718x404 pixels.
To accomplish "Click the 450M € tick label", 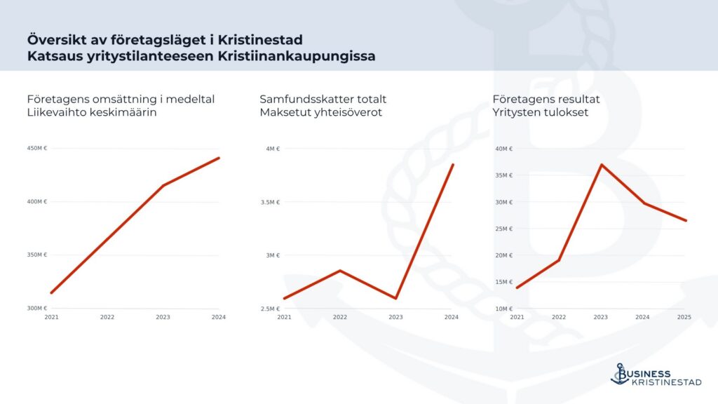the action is point(37,149).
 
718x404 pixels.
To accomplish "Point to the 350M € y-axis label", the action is point(37,255).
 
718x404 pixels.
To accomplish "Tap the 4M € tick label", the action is point(273,149).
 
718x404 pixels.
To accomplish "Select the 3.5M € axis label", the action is point(270,202).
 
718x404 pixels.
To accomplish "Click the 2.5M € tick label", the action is point(270,309).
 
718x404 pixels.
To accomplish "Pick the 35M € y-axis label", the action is point(503,175).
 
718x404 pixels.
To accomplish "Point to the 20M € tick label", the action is point(503,255).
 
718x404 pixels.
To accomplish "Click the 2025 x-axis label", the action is point(684,317).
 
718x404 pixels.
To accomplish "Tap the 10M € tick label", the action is point(503,309).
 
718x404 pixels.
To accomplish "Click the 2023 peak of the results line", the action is point(601,164).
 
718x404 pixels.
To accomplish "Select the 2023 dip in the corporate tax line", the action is point(395,298).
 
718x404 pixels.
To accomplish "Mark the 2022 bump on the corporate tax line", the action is point(340,271).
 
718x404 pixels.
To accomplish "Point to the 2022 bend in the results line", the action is point(559,260).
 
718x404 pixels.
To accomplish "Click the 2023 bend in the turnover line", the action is point(163,185).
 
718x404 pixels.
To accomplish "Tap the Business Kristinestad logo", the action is point(656,375).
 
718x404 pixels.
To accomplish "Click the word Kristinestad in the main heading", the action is point(260,40).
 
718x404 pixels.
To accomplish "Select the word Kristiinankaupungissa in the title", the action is point(297,56).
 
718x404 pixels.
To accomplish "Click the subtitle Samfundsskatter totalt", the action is point(323,99).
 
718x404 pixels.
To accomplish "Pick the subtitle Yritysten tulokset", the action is point(541,112).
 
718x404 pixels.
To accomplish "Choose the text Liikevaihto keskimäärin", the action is point(92,112).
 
